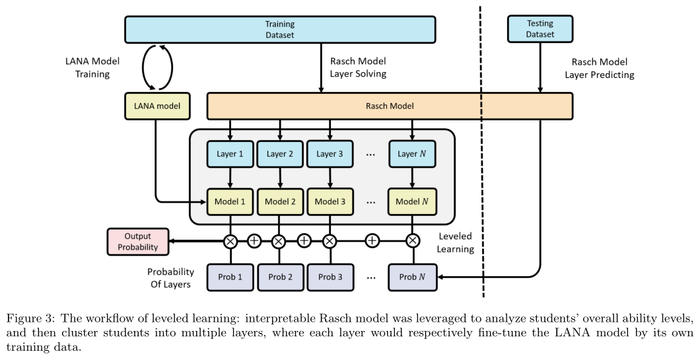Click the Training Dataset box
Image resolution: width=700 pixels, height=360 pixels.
tap(280, 29)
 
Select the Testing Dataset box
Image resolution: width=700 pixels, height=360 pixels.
tap(540, 29)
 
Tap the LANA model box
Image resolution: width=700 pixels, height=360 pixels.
tap(157, 106)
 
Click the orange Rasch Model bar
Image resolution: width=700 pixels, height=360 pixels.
tap(390, 106)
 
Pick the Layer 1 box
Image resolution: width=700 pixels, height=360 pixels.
tap(230, 154)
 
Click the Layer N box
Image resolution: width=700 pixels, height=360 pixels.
tap(412, 154)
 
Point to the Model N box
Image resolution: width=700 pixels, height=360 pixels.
tap(412, 200)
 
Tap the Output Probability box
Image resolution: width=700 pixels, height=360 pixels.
tap(138, 242)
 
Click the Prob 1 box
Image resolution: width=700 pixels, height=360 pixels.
tap(230, 277)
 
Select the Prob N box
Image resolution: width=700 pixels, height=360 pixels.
tap(412, 277)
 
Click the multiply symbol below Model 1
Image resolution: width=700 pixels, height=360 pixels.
tap(230, 241)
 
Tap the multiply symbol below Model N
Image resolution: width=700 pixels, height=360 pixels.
tap(412, 241)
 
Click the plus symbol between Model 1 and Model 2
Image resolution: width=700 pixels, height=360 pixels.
tap(254, 241)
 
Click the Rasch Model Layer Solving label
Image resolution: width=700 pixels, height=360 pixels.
tap(358, 67)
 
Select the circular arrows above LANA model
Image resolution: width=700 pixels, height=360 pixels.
tap(158, 67)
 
